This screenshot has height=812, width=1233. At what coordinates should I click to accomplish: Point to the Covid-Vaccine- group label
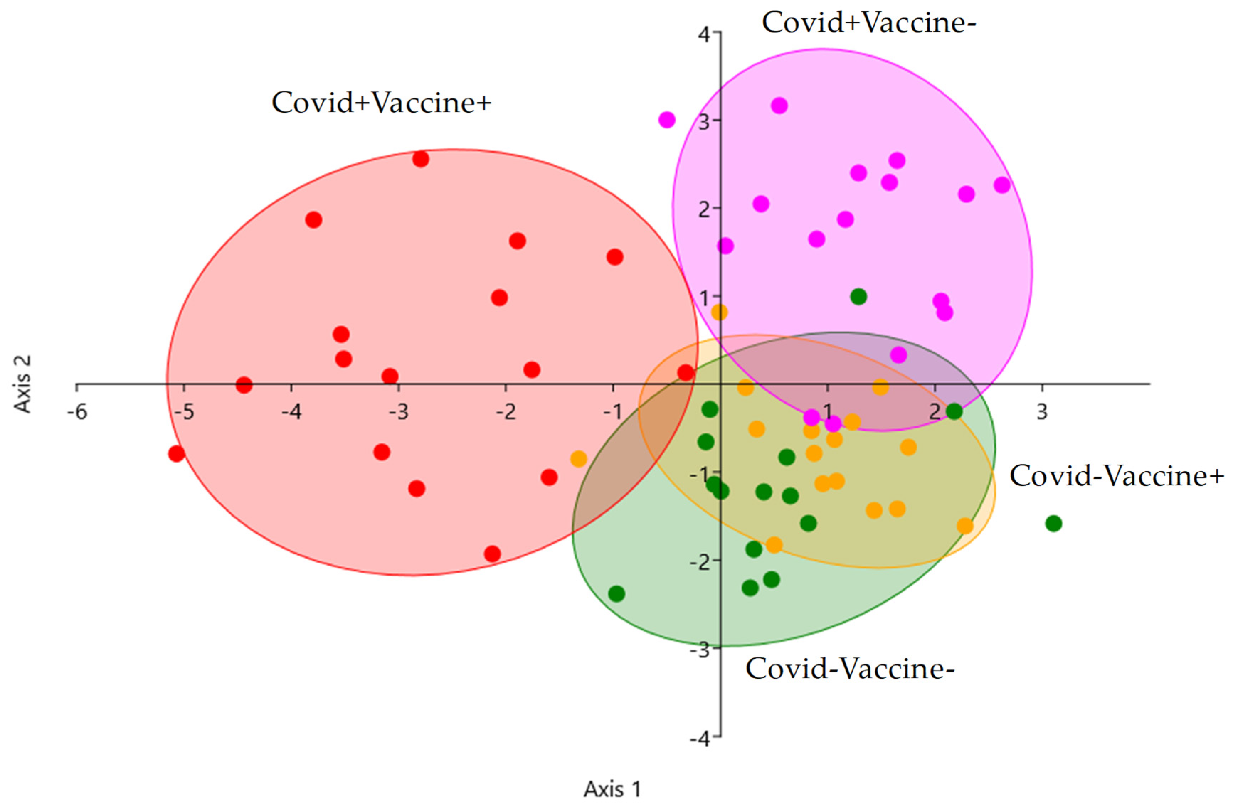850,669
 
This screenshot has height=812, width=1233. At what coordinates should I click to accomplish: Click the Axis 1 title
612,789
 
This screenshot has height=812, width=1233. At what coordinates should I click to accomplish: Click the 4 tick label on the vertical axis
704,34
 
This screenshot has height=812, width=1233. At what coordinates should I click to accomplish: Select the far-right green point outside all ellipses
1054,524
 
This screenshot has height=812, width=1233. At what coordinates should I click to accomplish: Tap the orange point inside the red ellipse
579,458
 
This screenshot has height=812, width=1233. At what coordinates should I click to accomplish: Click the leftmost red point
176,454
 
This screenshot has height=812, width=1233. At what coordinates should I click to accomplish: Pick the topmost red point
421,159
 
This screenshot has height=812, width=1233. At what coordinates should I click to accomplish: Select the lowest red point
492,554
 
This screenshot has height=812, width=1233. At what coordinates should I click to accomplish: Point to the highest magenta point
779,106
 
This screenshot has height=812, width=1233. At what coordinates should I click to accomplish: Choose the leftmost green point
616,593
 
